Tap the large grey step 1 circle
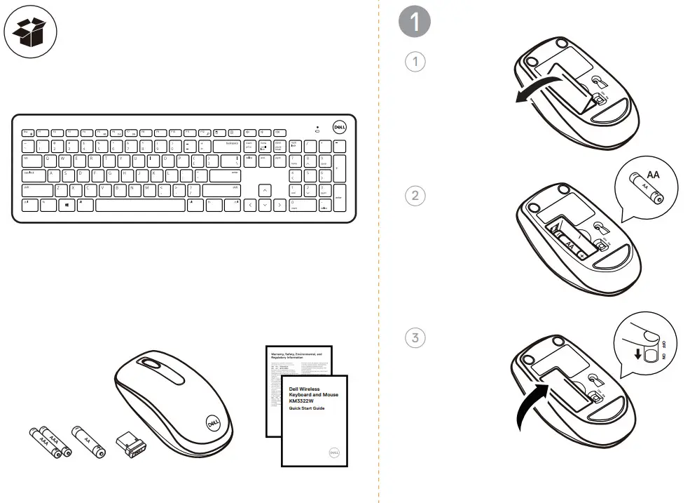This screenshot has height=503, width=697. [415, 22]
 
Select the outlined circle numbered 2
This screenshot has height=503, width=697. [415, 196]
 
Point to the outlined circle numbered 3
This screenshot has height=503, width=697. [415, 337]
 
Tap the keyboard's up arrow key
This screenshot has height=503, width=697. [265, 190]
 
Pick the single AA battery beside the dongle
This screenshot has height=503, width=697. [86, 441]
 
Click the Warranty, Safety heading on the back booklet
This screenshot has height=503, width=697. [296, 356]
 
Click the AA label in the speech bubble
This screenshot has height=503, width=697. [654, 174]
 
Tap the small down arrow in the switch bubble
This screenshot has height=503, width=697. [637, 354]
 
